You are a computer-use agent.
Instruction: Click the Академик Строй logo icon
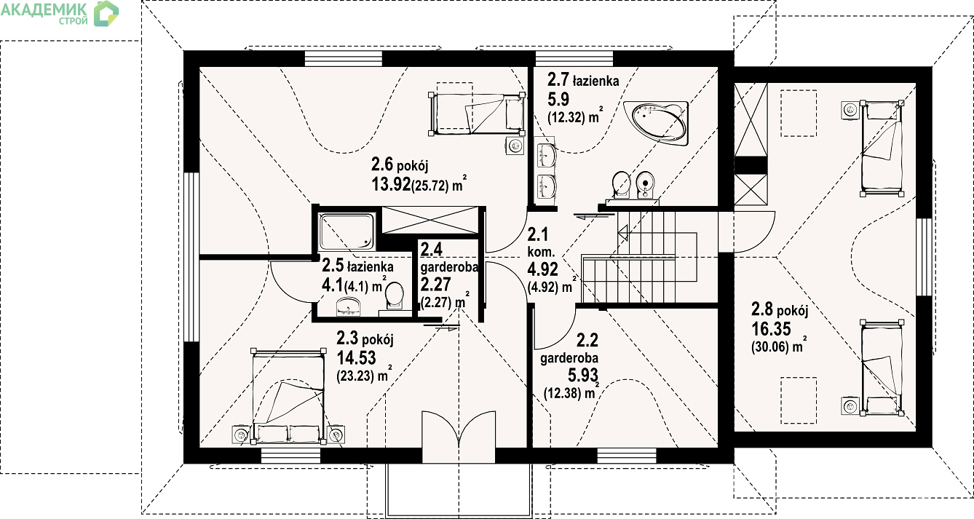pos(106,14)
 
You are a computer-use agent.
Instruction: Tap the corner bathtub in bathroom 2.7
pos(656,124)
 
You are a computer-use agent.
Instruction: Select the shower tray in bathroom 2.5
pos(347,231)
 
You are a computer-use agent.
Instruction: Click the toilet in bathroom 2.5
pos(395,297)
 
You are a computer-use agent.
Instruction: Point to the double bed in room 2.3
pos(288,397)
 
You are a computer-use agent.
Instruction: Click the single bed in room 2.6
pos(477,113)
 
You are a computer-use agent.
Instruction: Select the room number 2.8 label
pos(762,309)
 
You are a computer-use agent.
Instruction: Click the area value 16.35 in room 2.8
pos(772,328)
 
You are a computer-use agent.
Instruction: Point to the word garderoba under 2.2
pos(569,358)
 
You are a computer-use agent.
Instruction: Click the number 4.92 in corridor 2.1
pos(542,269)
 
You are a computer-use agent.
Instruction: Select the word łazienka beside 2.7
pos(595,81)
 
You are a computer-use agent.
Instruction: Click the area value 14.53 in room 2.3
pos(357,357)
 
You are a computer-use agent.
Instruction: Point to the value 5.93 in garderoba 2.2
pos(583,375)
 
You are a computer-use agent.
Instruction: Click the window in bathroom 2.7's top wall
pos(574,59)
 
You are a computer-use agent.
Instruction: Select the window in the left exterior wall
pos(191,258)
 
